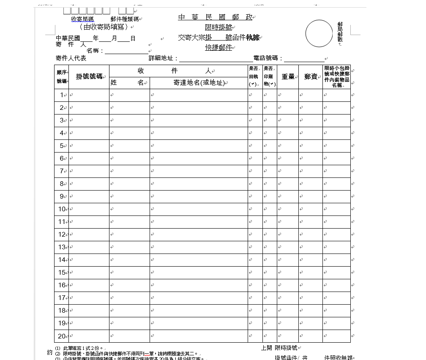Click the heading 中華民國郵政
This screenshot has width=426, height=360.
[216, 17]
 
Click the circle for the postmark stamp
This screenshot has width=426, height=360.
[319, 33]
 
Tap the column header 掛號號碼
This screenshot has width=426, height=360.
[89, 76]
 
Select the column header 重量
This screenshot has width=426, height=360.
[288, 76]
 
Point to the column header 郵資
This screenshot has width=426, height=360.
[311, 76]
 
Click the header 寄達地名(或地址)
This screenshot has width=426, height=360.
[198, 83]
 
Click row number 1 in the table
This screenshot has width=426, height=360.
[62, 95]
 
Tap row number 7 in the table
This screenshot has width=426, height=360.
[62, 171]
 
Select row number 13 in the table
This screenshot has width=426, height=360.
[62, 247]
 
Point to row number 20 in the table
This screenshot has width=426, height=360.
[62, 336]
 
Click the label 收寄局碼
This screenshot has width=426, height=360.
[82, 19]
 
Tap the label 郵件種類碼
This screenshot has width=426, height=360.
[124, 19]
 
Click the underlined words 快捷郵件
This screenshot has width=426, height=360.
[218, 47]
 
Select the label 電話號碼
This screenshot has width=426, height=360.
[268, 58]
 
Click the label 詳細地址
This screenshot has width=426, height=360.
[163, 58]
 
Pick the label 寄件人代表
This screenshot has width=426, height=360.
[71, 58]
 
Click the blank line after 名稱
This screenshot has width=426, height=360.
[126, 51]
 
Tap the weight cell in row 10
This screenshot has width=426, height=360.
[288, 209]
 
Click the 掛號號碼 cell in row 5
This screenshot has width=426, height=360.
[89, 146]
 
